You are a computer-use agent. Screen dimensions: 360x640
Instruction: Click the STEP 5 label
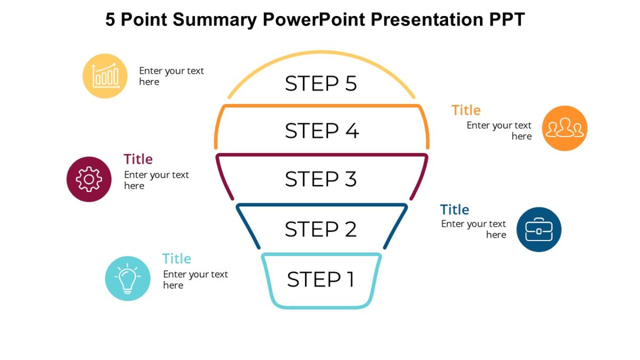point(321,84)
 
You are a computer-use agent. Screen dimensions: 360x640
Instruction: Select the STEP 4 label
point(322,131)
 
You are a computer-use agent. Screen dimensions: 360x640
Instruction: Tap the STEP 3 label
point(321,179)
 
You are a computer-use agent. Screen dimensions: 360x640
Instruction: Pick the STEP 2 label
point(321,229)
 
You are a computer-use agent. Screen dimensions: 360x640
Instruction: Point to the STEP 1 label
point(321,279)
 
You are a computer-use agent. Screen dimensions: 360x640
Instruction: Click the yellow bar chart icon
point(105,76)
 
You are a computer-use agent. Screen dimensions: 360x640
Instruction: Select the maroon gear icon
point(89,179)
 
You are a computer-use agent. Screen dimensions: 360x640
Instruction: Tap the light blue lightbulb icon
point(127,278)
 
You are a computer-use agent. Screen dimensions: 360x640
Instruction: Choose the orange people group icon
point(564,128)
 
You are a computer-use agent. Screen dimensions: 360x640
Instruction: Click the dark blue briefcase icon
point(539,229)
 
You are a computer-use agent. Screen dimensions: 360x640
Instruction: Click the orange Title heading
point(466,110)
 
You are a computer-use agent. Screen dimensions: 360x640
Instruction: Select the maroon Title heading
point(138,159)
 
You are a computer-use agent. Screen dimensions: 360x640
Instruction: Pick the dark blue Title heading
point(454,210)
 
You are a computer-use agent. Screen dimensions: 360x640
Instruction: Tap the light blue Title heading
point(177,259)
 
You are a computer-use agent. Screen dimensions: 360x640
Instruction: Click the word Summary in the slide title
point(215,20)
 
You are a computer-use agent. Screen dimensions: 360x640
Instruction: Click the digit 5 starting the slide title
point(110,20)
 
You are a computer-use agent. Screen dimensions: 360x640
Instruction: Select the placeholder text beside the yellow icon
point(171,76)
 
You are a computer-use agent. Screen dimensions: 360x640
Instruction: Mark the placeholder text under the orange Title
point(499,131)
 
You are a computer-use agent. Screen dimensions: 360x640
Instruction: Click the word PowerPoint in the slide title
point(314,20)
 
